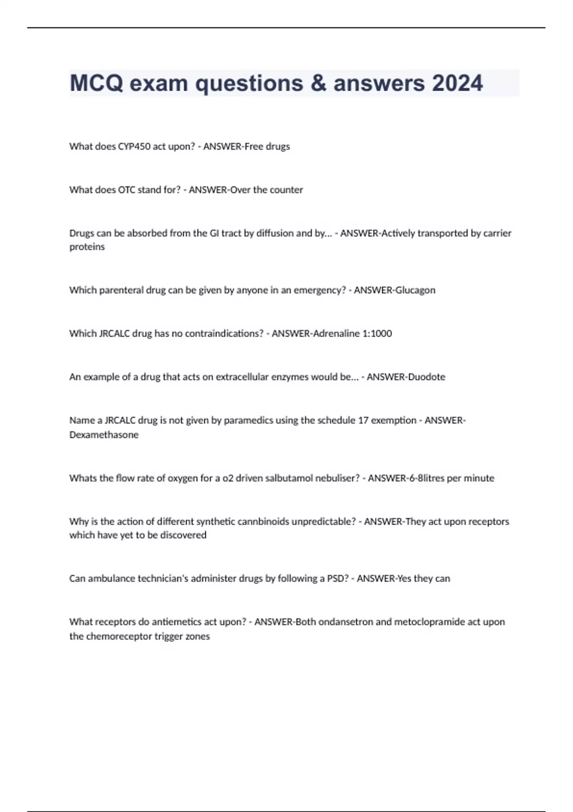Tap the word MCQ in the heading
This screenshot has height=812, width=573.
[96, 83]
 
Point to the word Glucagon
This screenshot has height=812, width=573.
[415, 290]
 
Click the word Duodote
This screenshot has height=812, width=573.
[426, 377]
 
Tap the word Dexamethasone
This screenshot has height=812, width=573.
[104, 435]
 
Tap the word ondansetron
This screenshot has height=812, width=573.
[345, 622]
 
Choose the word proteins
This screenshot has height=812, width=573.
[87, 247]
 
